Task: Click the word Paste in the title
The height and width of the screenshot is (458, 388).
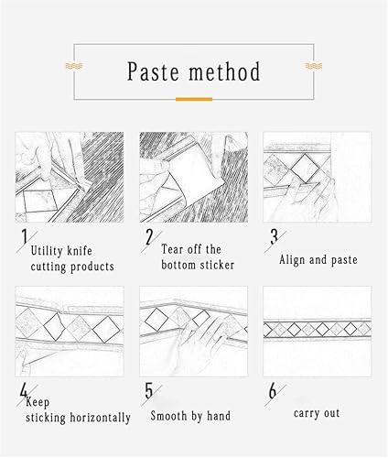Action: pyautogui.click(x=153, y=71)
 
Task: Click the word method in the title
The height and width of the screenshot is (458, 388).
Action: pyautogui.click(x=224, y=71)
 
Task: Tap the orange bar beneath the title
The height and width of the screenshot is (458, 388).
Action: pyautogui.click(x=194, y=99)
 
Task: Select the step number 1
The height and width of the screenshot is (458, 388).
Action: pyautogui.click(x=24, y=236)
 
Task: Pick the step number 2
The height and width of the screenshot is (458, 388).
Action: pyautogui.click(x=149, y=237)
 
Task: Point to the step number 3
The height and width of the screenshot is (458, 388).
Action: pyautogui.click(x=274, y=236)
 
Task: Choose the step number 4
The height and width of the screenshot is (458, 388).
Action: pyautogui.click(x=24, y=391)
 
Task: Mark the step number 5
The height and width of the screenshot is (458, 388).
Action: pyautogui.click(x=149, y=391)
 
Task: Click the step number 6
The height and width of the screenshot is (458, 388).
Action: pyautogui.click(x=273, y=391)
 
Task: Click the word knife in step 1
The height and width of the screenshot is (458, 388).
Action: pyautogui.click(x=80, y=251)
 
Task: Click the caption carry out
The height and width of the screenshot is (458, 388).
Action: pyautogui.click(x=317, y=413)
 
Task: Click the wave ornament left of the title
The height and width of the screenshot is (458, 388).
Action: pyautogui.click(x=74, y=66)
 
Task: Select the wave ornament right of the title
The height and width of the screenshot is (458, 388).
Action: pyautogui.click(x=314, y=66)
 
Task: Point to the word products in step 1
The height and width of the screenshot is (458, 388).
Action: pyautogui.click(x=92, y=267)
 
